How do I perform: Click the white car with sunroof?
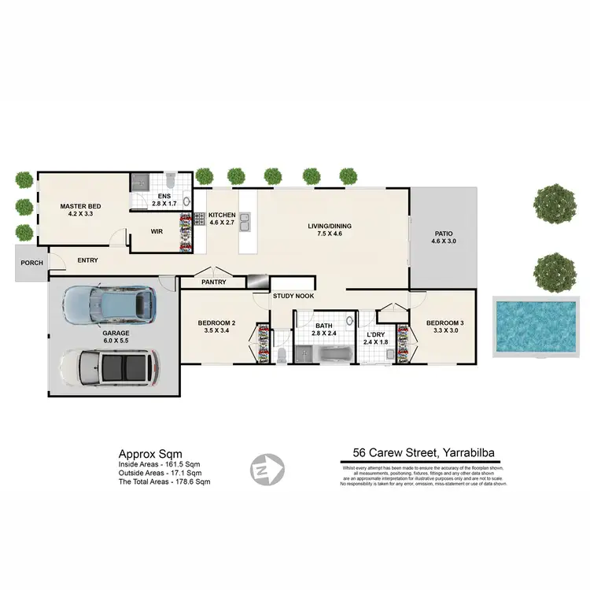(109, 367)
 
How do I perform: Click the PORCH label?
(31, 263)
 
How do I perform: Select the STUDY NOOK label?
(293, 297)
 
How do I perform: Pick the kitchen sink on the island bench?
(245, 223)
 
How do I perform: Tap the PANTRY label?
(213, 282)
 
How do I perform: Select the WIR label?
(157, 231)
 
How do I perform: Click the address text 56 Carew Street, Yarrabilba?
(424, 452)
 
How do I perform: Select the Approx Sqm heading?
(150, 454)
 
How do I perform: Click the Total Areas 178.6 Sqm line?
(164, 481)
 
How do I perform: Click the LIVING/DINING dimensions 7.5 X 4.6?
(330, 234)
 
